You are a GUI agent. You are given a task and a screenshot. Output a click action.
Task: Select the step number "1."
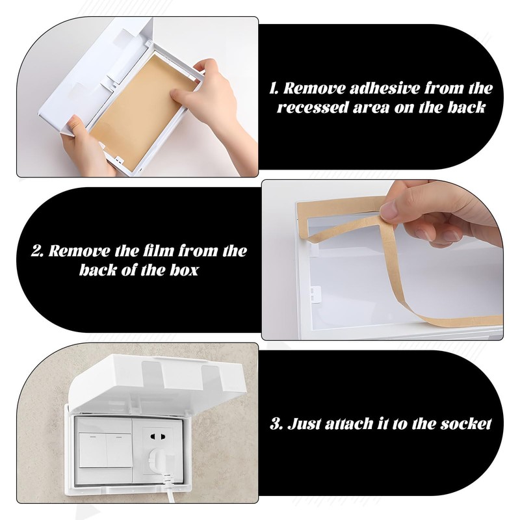275,88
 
